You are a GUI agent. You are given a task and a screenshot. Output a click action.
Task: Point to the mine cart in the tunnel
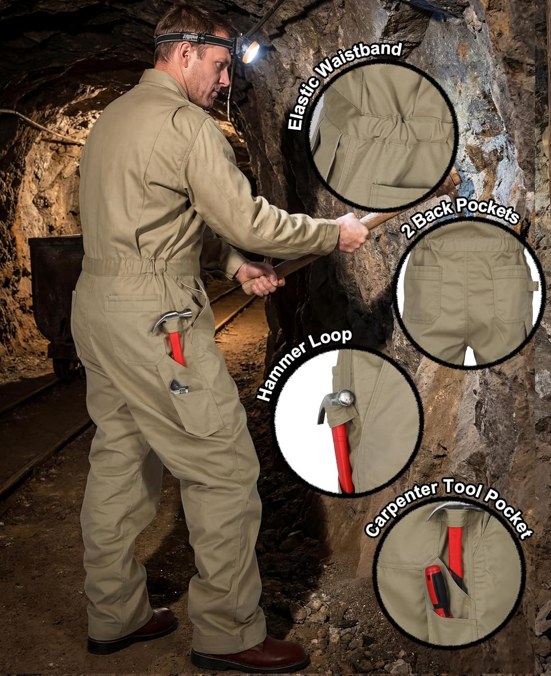(x=54, y=279)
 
